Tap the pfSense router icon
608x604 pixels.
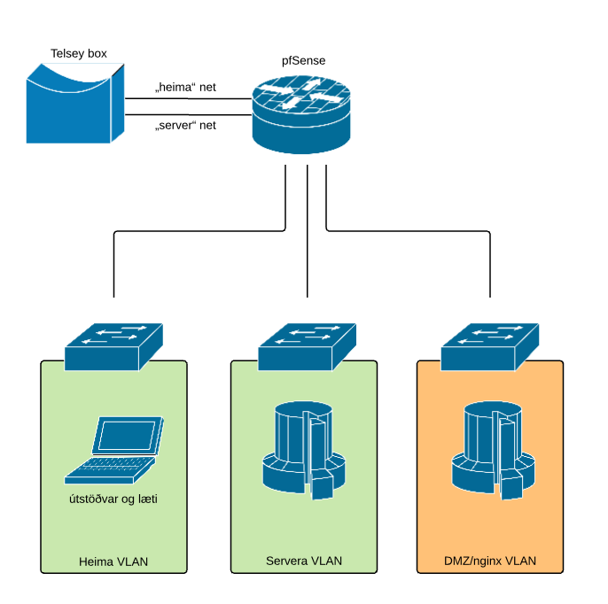pyautogui.click(x=302, y=116)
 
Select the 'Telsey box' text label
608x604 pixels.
pyautogui.click(x=79, y=54)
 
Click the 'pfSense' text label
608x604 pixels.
pyautogui.click(x=302, y=62)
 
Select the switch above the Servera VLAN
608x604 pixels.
pyautogui.click(x=305, y=345)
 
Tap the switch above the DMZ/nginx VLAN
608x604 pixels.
pyautogui.click(x=491, y=345)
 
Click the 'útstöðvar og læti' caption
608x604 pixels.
pyautogui.click(x=113, y=499)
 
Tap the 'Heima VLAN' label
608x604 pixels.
pyautogui.click(x=113, y=561)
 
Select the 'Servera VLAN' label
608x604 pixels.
pyautogui.click(x=304, y=561)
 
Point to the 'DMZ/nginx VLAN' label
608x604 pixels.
pyautogui.click(x=490, y=561)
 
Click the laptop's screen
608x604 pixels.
pyautogui.click(x=128, y=435)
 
